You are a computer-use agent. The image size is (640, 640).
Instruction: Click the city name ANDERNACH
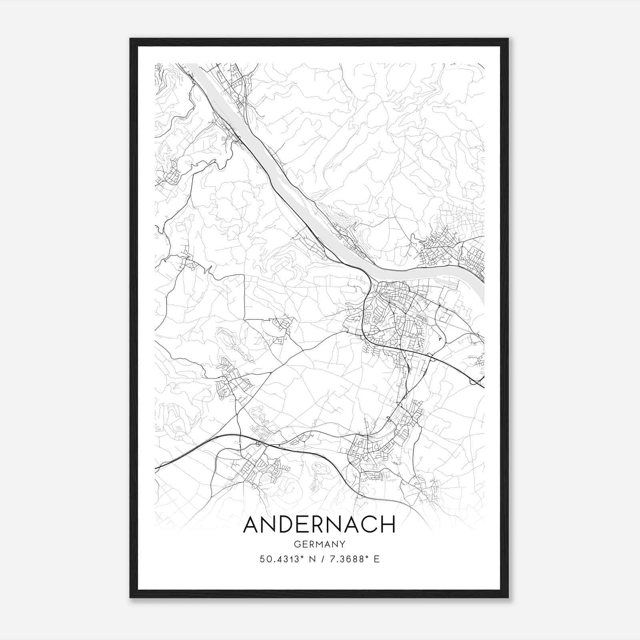319,524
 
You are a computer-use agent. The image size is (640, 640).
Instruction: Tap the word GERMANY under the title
319,544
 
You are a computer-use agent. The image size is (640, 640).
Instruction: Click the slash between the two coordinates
322,559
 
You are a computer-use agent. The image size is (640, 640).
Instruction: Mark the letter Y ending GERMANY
342,544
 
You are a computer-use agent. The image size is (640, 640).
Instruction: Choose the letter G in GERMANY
296,544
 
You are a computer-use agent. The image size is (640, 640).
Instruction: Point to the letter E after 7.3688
376,559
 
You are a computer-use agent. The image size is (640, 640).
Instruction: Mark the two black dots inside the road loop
441,338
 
